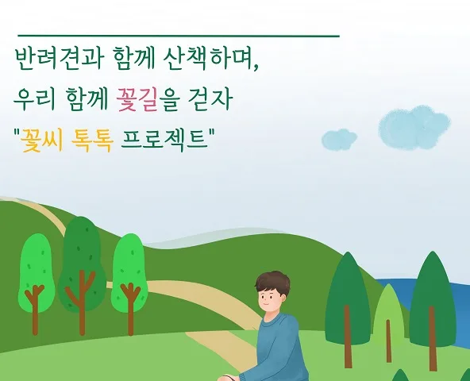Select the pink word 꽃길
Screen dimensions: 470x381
[137, 99]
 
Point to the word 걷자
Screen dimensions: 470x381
[210, 99]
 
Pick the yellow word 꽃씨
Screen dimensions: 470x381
[41, 140]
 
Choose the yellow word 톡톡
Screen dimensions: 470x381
[93, 140]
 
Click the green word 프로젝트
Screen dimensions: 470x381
[164, 139]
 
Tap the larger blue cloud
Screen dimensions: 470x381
[414, 128]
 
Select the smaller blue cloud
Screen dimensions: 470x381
[339, 139]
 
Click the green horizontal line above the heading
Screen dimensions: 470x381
[179, 36]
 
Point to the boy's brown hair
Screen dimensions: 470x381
[273, 282]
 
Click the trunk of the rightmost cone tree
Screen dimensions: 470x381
[432, 339]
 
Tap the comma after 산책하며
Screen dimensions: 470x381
[256, 67]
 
